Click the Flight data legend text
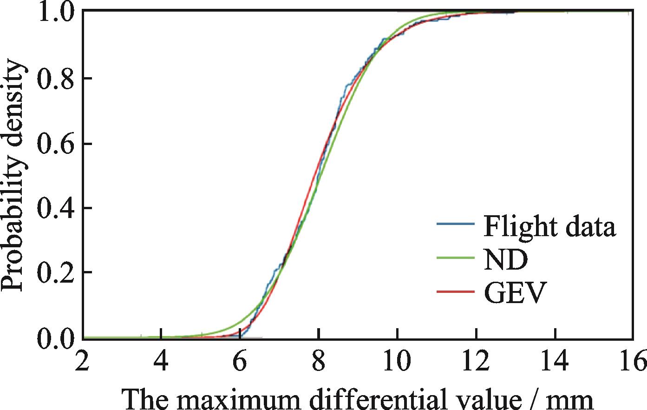click(549, 226)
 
